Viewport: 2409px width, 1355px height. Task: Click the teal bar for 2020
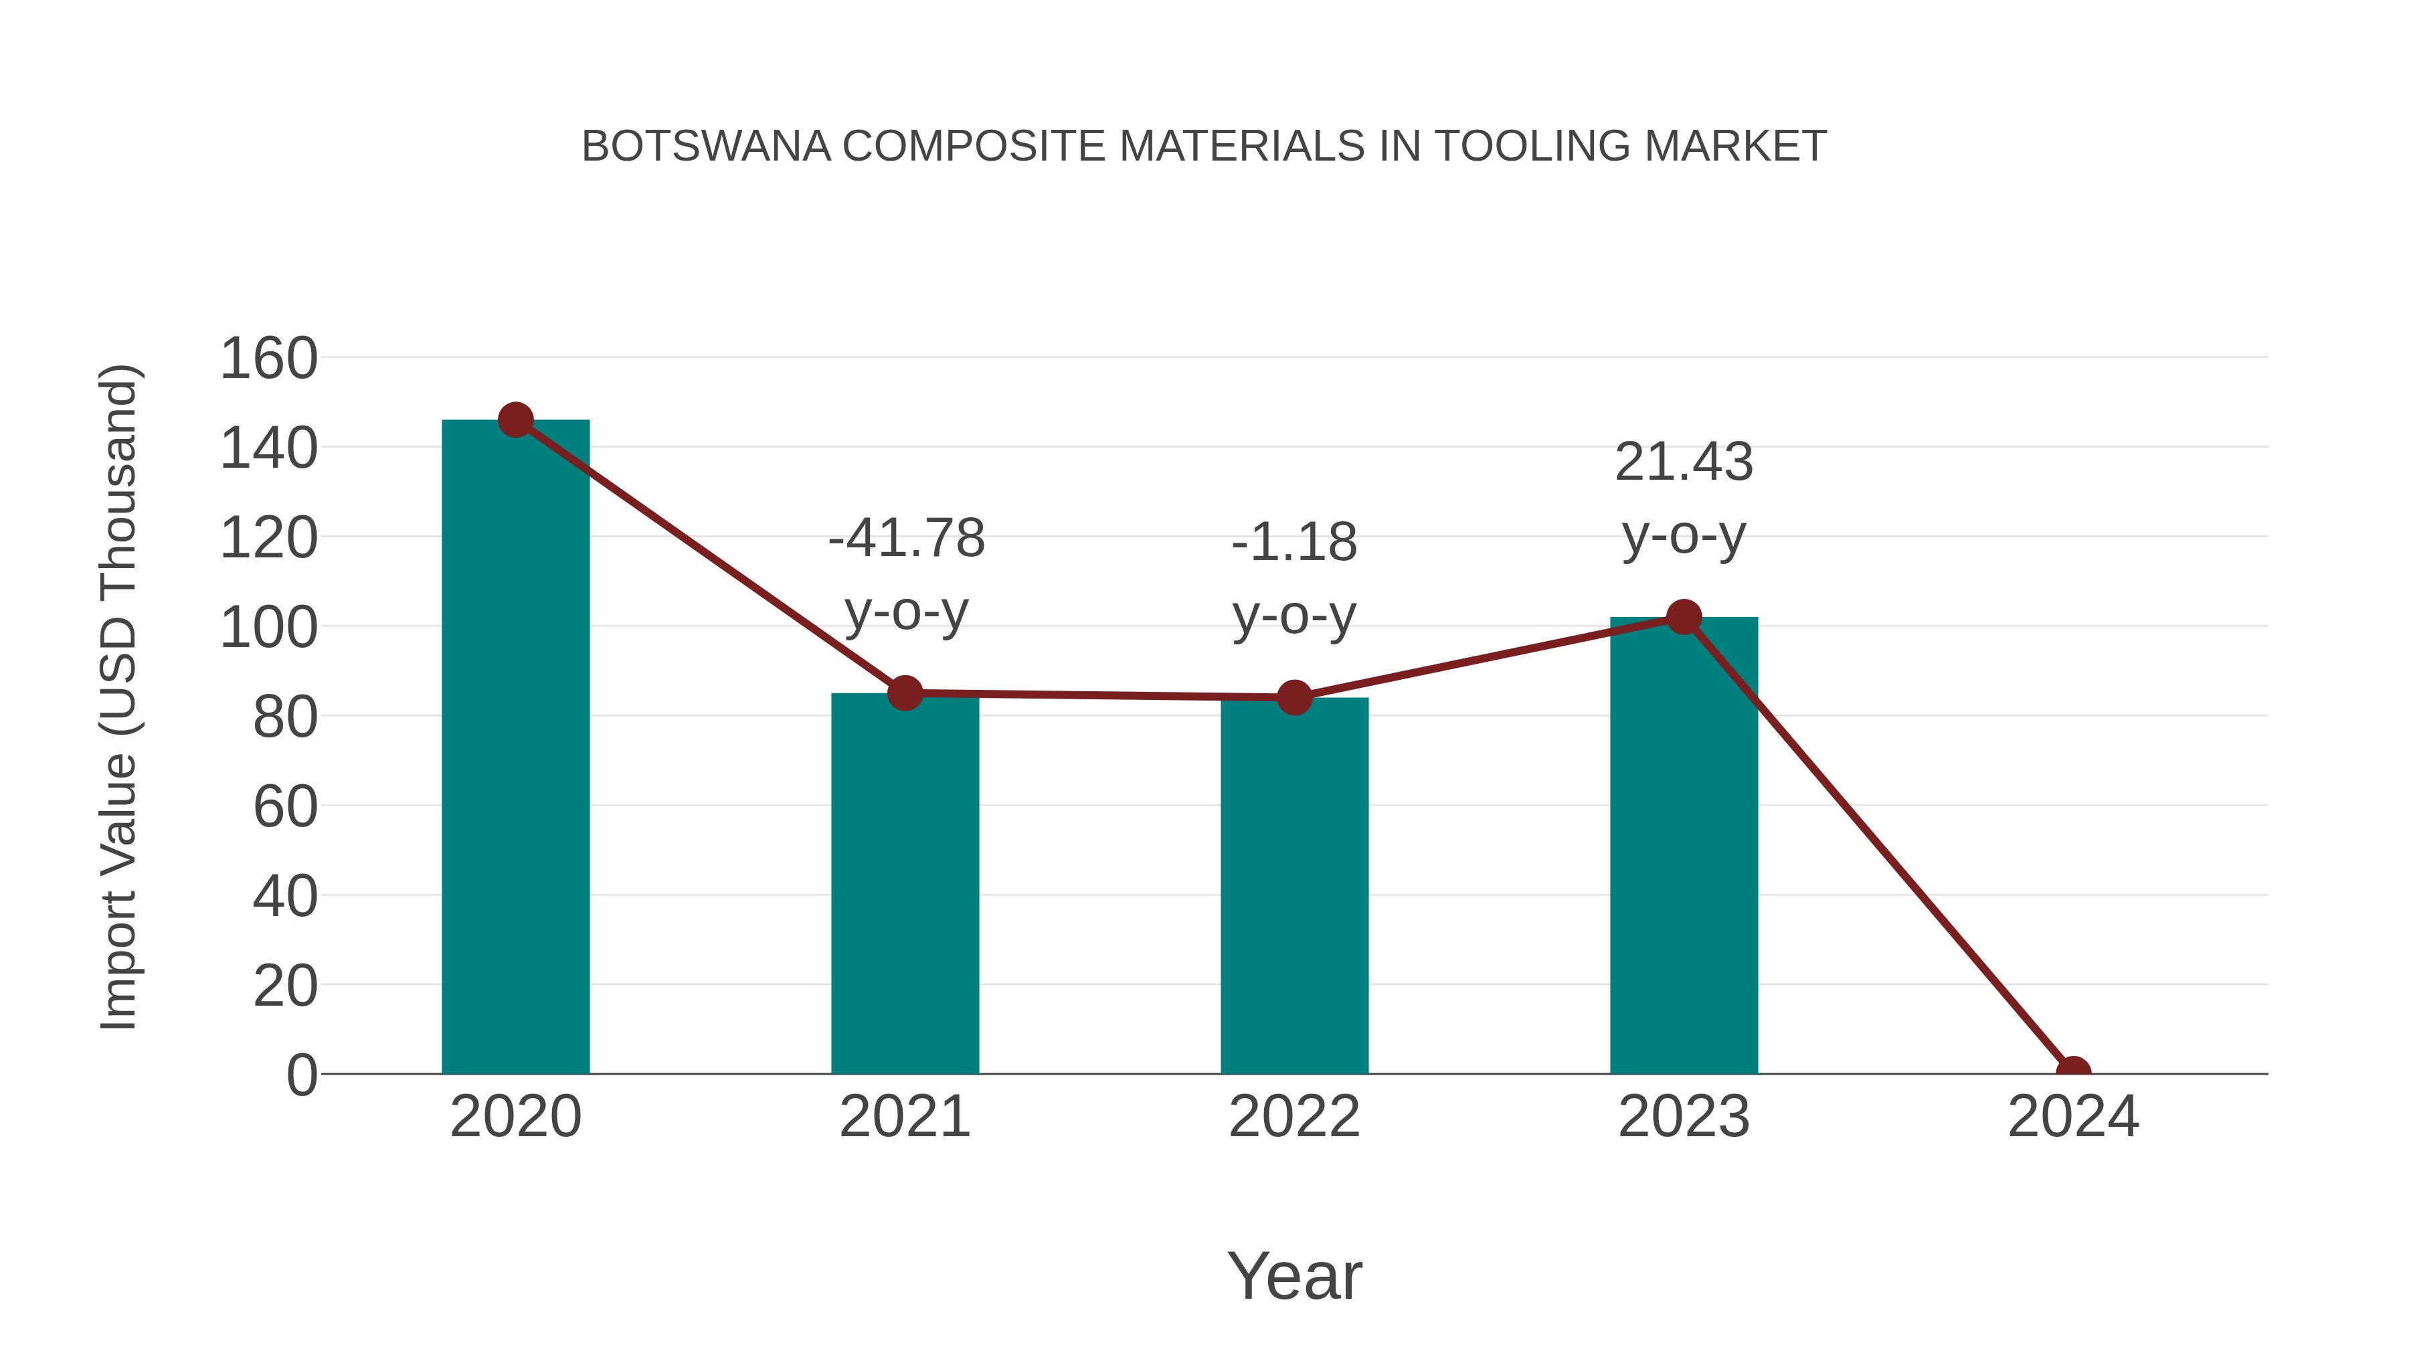(x=515, y=748)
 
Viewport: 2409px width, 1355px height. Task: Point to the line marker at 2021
(x=904, y=693)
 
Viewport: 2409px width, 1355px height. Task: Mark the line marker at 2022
(x=1294, y=698)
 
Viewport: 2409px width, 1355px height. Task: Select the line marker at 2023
(x=1684, y=617)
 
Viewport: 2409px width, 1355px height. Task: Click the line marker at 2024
(x=2073, y=1072)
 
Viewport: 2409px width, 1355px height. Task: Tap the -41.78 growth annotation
(x=906, y=575)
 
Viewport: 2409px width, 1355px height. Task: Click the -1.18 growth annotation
(x=1294, y=578)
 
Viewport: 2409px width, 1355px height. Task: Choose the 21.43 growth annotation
(x=1684, y=499)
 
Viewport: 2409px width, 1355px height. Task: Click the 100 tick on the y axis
(x=268, y=628)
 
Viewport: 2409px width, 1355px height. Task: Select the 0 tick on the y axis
(x=301, y=1075)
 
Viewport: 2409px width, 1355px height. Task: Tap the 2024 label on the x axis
(x=2073, y=1117)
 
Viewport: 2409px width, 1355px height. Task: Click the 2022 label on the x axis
(x=1294, y=1117)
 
